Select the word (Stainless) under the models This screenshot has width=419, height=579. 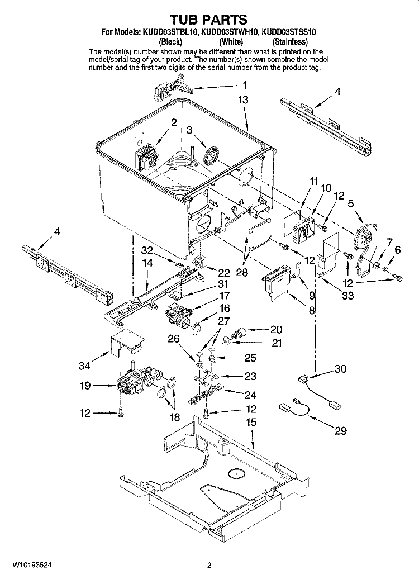[290, 42]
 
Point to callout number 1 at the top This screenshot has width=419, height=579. [244, 86]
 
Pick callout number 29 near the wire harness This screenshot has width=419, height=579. [340, 430]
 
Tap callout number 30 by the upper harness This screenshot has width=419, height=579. [340, 369]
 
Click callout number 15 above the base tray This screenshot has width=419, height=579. [251, 422]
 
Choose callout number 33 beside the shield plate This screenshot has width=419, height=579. [348, 296]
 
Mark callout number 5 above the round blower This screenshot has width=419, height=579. [351, 204]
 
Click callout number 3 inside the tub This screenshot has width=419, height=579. [189, 130]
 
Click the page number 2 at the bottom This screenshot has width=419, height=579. [209, 565]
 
